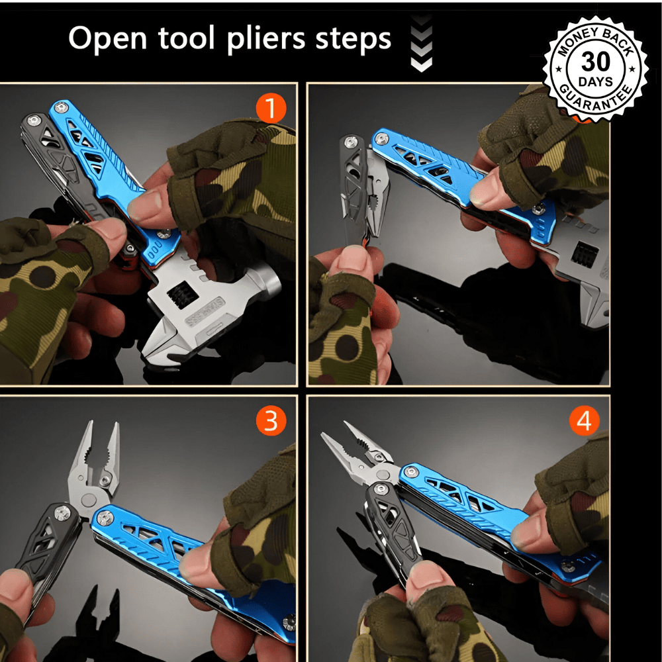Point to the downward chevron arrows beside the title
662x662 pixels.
421,43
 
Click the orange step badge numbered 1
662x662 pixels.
270,108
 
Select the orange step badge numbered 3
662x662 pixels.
271,420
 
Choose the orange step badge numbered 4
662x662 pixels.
584,420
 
